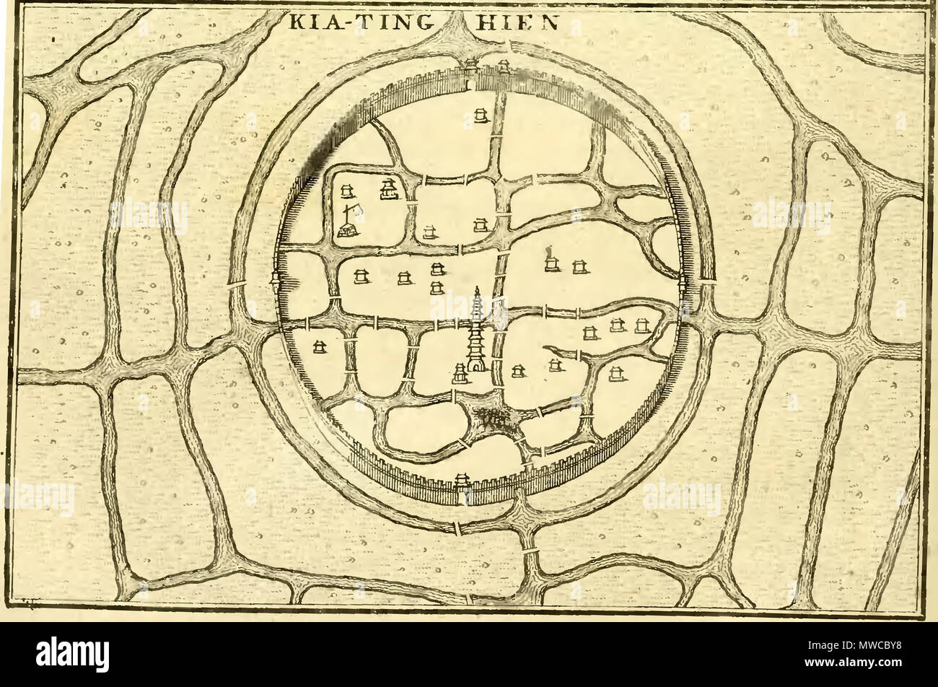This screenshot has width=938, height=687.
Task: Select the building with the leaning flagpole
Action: [x=350, y=221]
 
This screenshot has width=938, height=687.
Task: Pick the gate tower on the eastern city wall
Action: [x=683, y=283]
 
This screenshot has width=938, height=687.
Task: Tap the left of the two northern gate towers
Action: [x=471, y=67]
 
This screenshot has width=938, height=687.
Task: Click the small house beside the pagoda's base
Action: [x=460, y=373]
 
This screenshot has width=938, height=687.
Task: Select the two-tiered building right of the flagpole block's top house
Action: [x=388, y=189]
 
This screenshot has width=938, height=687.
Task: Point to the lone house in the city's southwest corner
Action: [x=318, y=347]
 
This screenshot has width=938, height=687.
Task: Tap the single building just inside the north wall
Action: [x=480, y=115]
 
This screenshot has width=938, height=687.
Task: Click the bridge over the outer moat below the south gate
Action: [x=457, y=528]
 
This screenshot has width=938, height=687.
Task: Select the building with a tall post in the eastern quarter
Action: [x=552, y=261]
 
